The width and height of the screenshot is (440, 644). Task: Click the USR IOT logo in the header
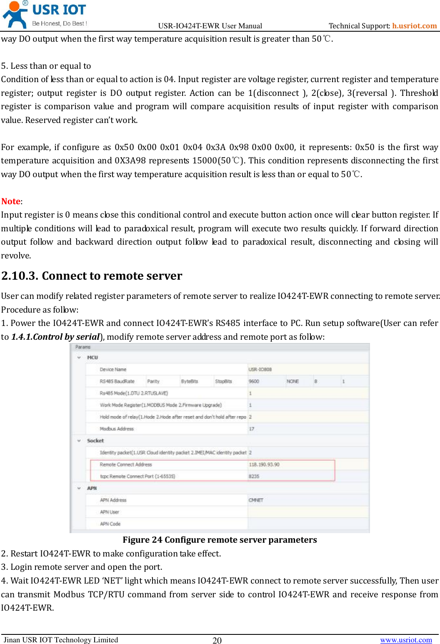pyautogui.click(x=45, y=15)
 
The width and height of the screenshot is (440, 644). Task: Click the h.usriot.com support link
pyautogui.click(x=414, y=26)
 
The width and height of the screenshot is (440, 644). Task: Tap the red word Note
pyautogui.click(x=11, y=201)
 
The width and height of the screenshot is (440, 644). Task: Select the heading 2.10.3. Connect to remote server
pyautogui.click(x=92, y=276)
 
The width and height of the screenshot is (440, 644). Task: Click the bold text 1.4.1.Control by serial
pyautogui.click(x=55, y=337)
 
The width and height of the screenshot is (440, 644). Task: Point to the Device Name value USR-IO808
pyautogui.click(x=260, y=370)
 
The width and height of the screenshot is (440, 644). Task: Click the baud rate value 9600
pyautogui.click(x=254, y=381)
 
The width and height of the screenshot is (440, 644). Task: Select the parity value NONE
pyautogui.click(x=292, y=381)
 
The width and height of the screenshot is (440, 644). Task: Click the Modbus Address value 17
pyautogui.click(x=252, y=429)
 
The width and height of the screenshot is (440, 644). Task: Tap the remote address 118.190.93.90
pyautogui.click(x=264, y=464)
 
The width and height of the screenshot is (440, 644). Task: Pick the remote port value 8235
pyautogui.click(x=254, y=476)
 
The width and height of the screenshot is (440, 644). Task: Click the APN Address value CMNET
pyautogui.click(x=256, y=500)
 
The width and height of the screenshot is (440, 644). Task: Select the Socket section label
pyautogui.click(x=95, y=441)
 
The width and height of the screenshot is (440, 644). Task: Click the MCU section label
pyautogui.click(x=92, y=358)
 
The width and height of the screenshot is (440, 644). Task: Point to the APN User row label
pyautogui.click(x=109, y=512)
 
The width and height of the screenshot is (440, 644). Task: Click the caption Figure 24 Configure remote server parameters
pyautogui.click(x=220, y=540)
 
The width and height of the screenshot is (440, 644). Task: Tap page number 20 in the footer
pyautogui.click(x=217, y=641)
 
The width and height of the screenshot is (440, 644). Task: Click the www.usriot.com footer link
pyautogui.click(x=406, y=640)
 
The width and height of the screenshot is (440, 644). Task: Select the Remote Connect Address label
pyautogui.click(x=126, y=464)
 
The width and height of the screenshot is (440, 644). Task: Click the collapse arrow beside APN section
pyautogui.click(x=79, y=488)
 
